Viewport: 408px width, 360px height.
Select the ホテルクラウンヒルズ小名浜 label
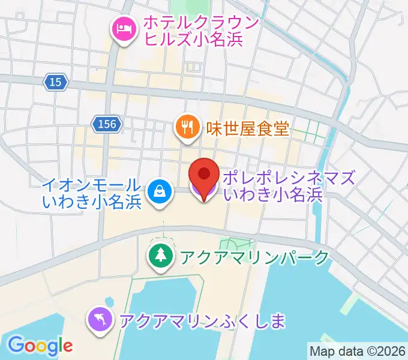pos(200,31)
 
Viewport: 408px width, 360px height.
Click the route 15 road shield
pos(55,83)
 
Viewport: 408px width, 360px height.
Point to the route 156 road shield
pos(107,124)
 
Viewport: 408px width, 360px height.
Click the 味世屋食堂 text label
pos(247,128)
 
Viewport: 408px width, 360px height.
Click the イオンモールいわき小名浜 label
pos(92,193)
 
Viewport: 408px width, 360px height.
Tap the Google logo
pos(40,345)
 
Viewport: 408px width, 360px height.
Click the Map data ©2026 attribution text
pos(356,351)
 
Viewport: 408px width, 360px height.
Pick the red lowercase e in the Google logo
pos(67,346)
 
